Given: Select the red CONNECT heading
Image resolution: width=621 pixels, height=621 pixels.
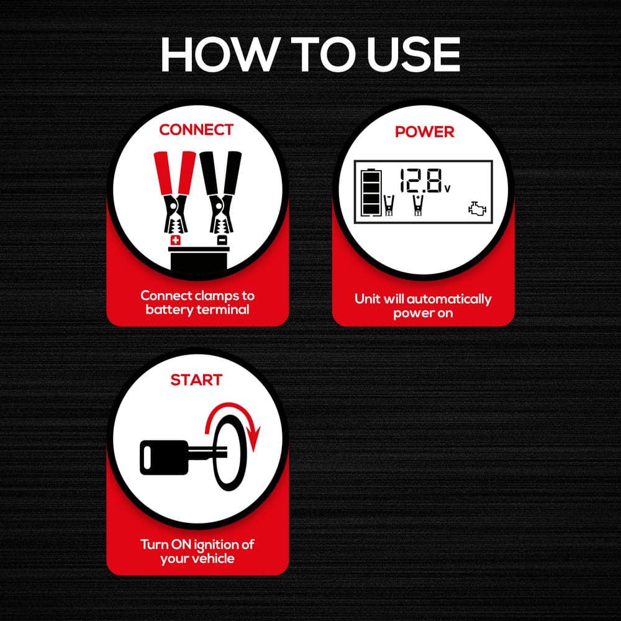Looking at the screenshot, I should pos(196,130).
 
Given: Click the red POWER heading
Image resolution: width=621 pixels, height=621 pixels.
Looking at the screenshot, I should pos(424,132).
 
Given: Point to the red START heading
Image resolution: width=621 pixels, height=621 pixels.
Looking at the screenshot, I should pos(196,379).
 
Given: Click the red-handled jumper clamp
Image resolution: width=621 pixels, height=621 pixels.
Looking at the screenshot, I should pos(174,193).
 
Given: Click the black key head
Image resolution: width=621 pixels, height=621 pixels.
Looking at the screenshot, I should pos(163,457).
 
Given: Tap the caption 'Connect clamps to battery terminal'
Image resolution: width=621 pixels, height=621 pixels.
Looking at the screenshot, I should pos(197,302).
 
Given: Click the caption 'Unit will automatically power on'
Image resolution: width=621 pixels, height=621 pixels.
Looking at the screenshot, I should pos(423,306).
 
